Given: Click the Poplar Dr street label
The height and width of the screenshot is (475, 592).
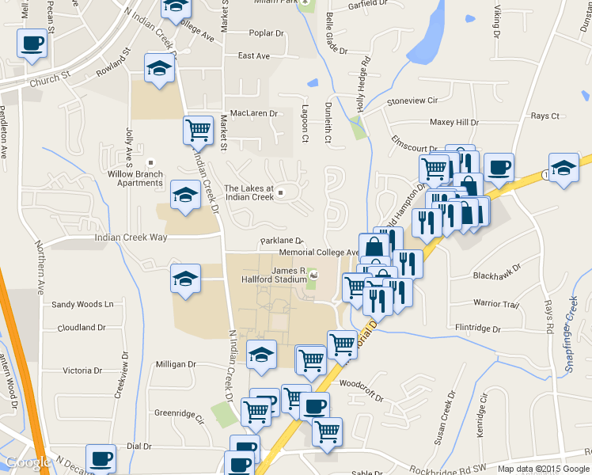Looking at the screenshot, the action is click(x=266, y=33).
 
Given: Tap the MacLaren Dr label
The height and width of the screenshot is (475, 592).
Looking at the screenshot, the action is click(x=253, y=113).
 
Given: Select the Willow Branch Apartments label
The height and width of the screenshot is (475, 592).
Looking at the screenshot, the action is click(x=135, y=178).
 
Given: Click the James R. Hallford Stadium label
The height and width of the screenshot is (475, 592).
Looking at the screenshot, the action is click(x=278, y=275).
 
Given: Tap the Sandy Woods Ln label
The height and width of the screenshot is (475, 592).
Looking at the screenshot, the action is click(x=83, y=304).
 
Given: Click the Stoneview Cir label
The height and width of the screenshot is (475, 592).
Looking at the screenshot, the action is click(x=412, y=101).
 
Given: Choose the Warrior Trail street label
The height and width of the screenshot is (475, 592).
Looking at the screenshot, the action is click(x=495, y=303).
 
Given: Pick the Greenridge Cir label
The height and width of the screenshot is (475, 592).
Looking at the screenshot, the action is click(x=179, y=412).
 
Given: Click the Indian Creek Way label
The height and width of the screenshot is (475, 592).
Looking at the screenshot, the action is click(x=131, y=237).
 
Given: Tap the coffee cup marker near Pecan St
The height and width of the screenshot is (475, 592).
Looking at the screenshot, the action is click(x=32, y=44).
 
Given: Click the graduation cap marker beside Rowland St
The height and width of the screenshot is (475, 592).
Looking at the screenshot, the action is click(x=160, y=68).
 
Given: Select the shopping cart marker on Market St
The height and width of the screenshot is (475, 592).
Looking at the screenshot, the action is click(x=198, y=129).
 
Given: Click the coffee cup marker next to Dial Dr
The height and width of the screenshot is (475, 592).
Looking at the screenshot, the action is click(x=101, y=458).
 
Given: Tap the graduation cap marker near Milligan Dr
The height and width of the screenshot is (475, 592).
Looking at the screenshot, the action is click(x=261, y=355).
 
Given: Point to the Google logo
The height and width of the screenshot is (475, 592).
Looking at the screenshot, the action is click(x=28, y=463).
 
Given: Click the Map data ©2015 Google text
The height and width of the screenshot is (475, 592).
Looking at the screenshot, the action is click(x=544, y=469).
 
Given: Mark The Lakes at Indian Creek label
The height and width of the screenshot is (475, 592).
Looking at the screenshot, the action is click(x=249, y=192).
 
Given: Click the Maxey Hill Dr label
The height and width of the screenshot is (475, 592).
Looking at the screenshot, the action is click(x=454, y=123).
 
